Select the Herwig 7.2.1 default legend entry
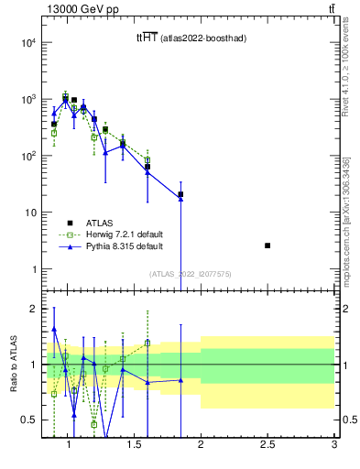(112, 234)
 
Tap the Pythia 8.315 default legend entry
(112, 246)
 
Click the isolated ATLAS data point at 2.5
(267, 245)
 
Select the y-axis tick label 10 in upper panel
(29, 213)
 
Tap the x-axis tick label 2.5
(267, 445)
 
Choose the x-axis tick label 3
(334, 445)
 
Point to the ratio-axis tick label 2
(32, 309)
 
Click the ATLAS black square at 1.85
(180, 194)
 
